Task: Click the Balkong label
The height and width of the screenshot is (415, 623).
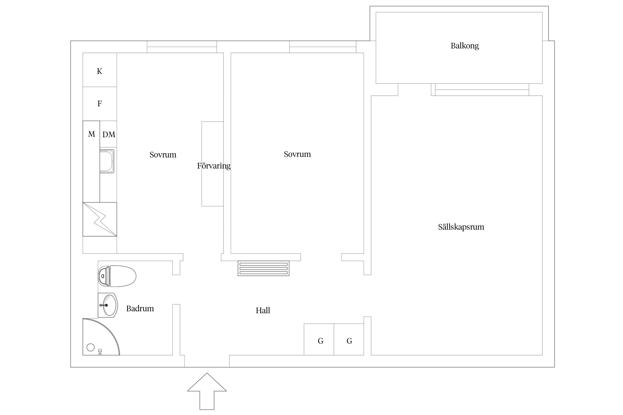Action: tap(465, 46)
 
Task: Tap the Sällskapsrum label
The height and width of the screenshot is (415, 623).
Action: tap(461, 227)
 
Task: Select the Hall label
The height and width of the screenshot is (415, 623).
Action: tap(263, 310)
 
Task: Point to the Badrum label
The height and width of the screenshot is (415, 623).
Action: tap(140, 308)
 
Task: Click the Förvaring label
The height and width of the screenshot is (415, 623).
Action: tap(213, 166)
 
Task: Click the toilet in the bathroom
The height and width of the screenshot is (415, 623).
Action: tap(117, 276)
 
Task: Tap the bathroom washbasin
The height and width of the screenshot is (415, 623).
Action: tap(108, 305)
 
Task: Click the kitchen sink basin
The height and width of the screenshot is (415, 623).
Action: tap(107, 161)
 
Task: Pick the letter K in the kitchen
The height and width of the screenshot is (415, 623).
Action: tap(99, 71)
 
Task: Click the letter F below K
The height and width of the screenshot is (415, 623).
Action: tap(100, 103)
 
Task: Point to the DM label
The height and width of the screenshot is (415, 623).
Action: tap(109, 134)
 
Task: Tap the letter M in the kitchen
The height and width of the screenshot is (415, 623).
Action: tap(91, 134)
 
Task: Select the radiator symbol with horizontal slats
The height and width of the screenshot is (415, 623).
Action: tap(263, 268)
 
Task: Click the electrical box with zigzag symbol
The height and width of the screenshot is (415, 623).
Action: tap(100, 219)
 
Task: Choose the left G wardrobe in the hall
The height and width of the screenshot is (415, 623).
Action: tap(320, 341)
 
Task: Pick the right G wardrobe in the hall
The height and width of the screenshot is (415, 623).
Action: tap(349, 341)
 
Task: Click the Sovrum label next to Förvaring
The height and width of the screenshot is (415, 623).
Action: tap(163, 155)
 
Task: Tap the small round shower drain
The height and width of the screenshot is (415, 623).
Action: tap(91, 347)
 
